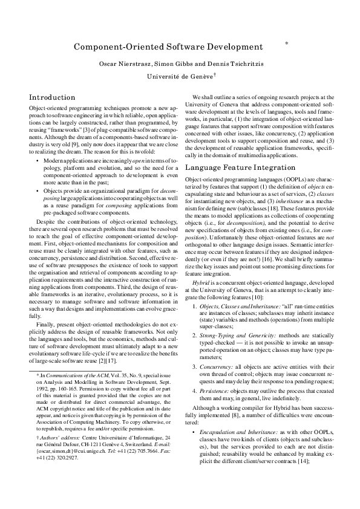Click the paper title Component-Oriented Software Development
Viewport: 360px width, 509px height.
(x=168, y=47)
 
